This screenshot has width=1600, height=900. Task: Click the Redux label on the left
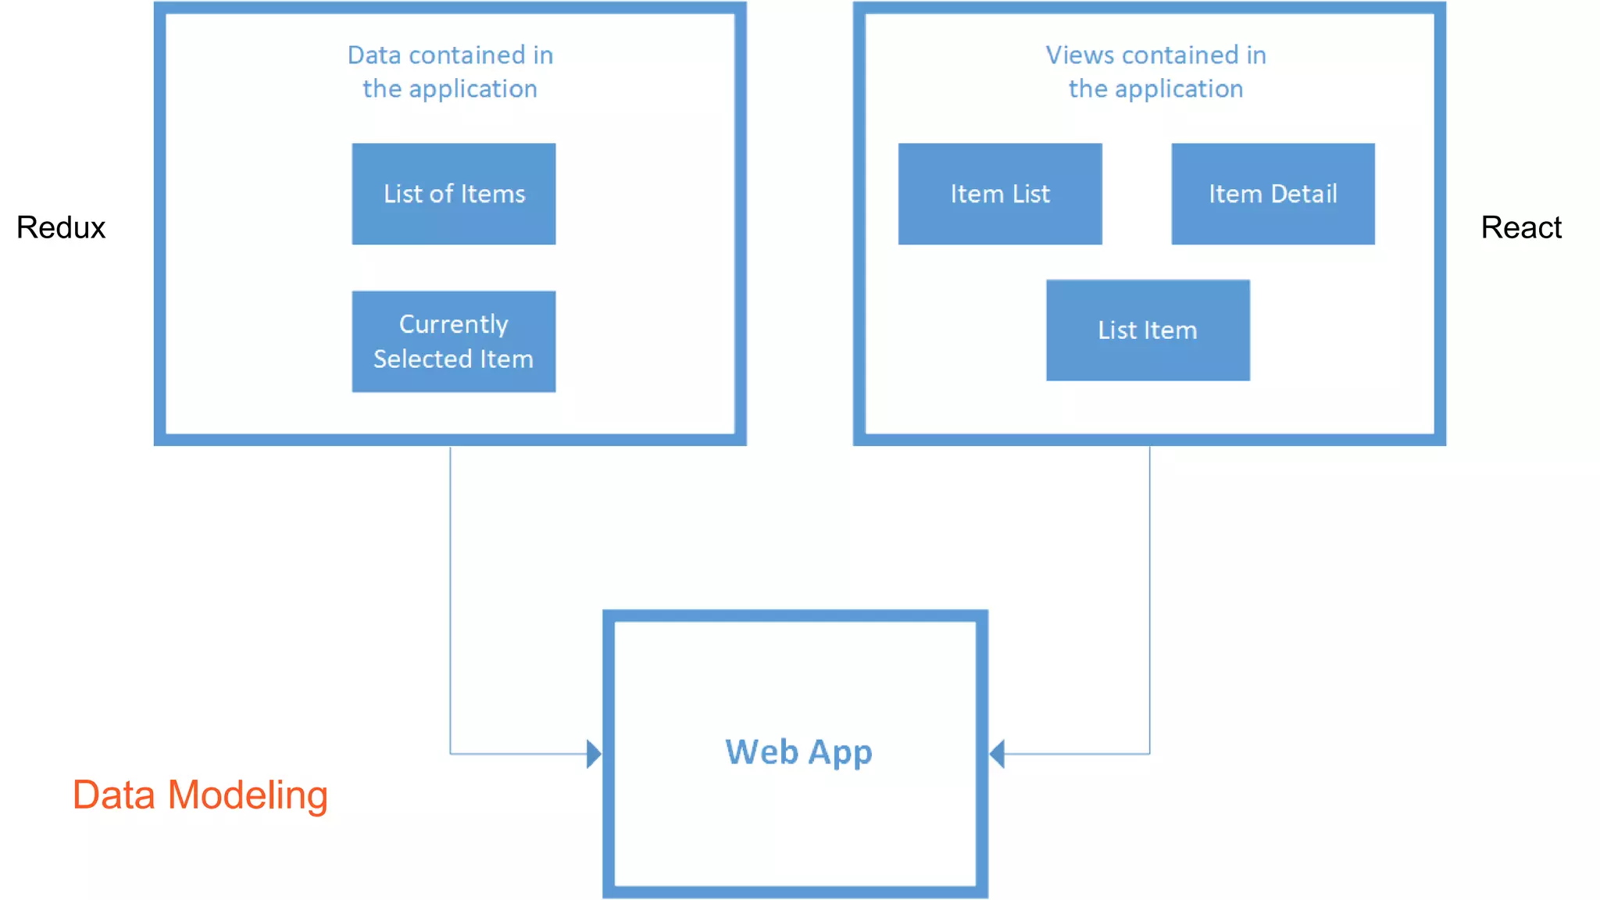pos(61,227)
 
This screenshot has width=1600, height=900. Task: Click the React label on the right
pos(1520,227)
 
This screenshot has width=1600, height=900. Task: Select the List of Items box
pos(454,194)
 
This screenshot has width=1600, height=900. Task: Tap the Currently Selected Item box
pos(454,341)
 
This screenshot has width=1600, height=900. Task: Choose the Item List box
pos(1000,194)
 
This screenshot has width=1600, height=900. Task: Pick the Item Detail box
pos(1273,194)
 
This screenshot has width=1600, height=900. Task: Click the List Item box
pos(1148,330)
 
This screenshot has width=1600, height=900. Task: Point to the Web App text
pos(798,752)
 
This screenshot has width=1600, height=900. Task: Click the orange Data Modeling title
pos(200,795)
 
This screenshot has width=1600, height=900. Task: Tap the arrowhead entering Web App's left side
pos(594,754)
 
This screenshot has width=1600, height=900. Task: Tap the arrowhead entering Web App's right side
pos(997,754)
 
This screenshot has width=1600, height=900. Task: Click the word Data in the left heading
pos(374,55)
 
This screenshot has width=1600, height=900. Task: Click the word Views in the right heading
pos(1080,55)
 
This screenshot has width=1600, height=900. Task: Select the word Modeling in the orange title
pos(248,795)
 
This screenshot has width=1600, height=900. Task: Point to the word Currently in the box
pos(454,323)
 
